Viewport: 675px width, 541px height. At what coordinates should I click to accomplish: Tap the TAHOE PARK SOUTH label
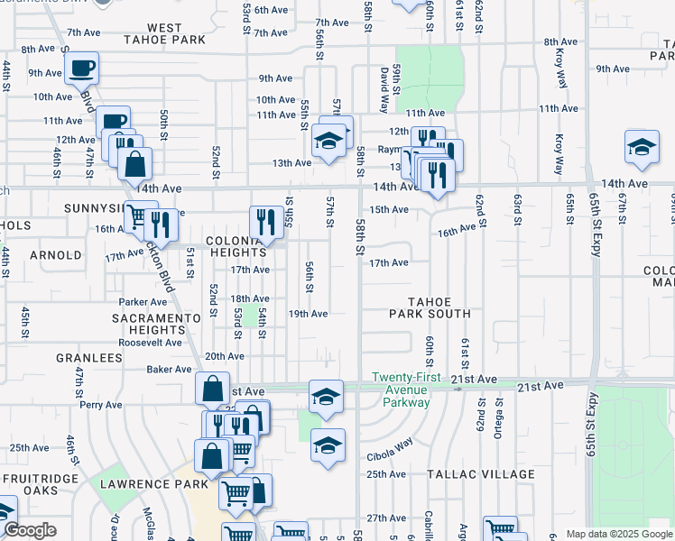tap(430, 307)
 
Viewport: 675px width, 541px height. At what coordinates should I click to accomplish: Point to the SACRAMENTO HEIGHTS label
tap(156, 325)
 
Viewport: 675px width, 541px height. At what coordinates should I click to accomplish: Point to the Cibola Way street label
tap(389, 443)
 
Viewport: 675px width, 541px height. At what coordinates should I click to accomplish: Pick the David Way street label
tap(384, 87)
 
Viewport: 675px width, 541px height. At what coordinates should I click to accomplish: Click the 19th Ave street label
tap(307, 314)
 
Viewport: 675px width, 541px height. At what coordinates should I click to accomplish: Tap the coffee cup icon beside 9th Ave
tap(81, 67)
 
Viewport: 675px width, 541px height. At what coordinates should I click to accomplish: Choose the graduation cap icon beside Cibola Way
tap(327, 445)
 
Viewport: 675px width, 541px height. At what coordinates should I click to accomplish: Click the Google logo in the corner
tap(31, 530)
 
